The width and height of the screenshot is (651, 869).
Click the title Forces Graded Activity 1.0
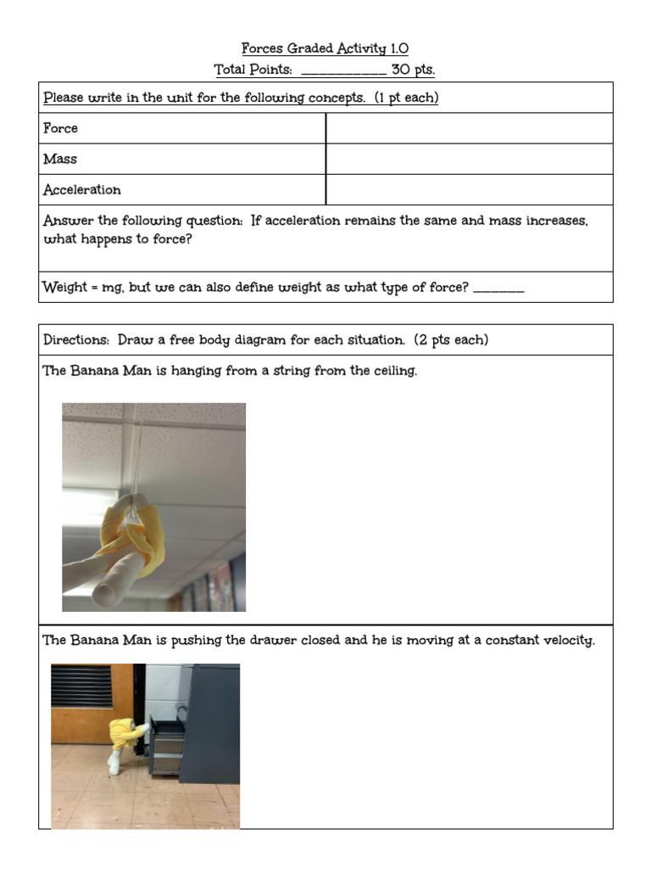(325, 49)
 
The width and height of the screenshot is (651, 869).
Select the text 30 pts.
(413, 70)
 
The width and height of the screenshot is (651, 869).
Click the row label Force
(60, 128)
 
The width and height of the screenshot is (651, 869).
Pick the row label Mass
(59, 159)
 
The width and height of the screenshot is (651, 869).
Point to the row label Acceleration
(81, 189)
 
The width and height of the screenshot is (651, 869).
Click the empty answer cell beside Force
(469, 128)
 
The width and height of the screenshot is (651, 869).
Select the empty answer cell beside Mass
(469, 159)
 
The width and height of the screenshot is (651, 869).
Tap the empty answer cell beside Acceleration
(469, 189)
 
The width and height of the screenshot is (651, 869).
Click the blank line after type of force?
(498, 289)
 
